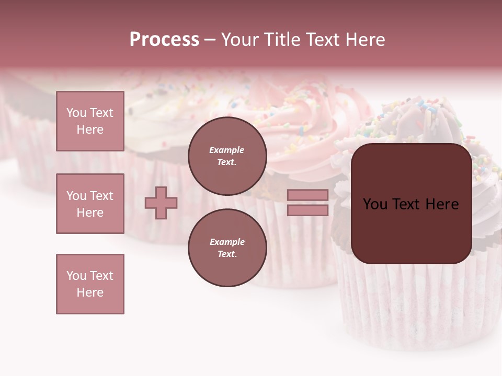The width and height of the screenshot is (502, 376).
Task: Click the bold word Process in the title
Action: point(164,40)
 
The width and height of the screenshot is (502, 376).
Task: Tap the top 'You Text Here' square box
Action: point(90,121)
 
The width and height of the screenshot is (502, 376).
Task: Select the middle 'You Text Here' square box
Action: point(90,204)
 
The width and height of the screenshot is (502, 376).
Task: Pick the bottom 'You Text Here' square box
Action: point(90,284)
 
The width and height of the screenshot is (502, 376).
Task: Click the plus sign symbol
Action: point(161,203)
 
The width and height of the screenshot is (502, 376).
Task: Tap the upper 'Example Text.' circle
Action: point(227,156)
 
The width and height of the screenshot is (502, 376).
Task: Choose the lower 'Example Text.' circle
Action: point(227,248)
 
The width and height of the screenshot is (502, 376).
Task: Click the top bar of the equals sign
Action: point(307,195)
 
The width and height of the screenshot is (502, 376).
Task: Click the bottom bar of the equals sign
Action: point(307,210)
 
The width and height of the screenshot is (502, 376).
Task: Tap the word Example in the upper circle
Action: point(227,150)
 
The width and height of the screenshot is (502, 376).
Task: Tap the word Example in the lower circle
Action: point(227,242)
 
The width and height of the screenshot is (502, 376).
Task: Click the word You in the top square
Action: point(76,113)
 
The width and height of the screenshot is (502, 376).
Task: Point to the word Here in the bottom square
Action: point(90,292)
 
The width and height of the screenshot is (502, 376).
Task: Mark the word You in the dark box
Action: point(375,204)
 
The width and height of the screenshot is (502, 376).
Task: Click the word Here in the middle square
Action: point(90,213)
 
